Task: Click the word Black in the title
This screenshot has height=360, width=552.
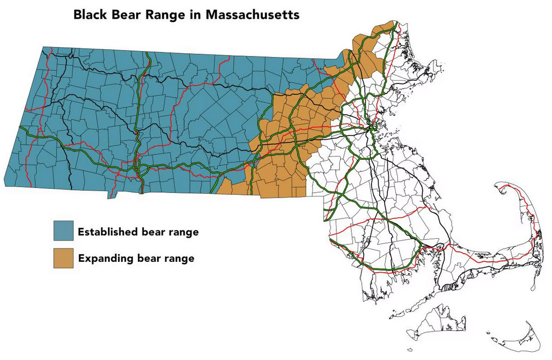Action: click(92, 14)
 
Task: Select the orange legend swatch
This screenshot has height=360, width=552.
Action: click(63, 258)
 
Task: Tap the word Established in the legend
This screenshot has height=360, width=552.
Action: click(108, 232)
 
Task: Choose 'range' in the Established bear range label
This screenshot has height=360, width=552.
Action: click(184, 232)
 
